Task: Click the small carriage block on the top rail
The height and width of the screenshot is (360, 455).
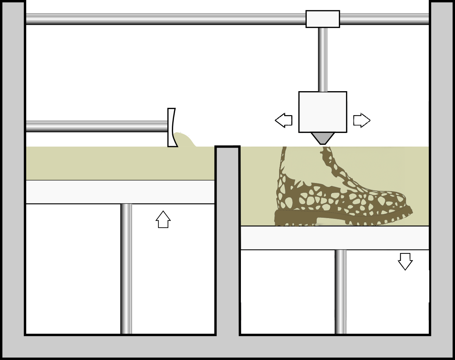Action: [x=322, y=19]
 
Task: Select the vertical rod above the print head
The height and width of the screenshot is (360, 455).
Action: [x=323, y=59]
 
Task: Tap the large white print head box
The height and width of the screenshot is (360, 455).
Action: [x=322, y=112]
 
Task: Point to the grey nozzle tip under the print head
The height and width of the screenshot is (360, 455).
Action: [x=323, y=138]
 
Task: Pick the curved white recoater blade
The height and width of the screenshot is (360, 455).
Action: [x=172, y=128]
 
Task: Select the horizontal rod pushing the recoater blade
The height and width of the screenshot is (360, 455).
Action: [x=97, y=126]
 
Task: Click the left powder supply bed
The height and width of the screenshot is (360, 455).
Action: [x=120, y=163]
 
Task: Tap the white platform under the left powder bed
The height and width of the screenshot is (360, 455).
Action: [x=120, y=192]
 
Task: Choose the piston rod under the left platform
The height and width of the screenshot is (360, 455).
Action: [x=127, y=268]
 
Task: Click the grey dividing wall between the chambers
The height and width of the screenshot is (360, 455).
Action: [x=228, y=240]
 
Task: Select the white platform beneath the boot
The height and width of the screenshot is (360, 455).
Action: [x=335, y=238]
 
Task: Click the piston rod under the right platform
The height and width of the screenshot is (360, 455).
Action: [x=341, y=291]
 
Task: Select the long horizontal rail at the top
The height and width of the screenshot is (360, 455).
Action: [x=164, y=19]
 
